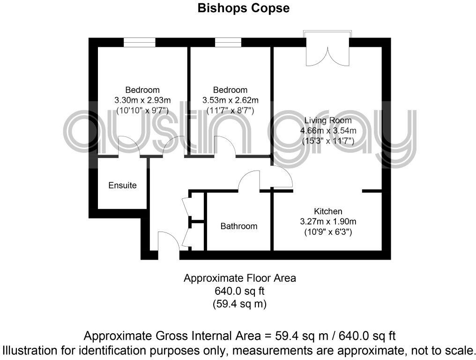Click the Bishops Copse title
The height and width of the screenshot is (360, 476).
(x=243, y=8)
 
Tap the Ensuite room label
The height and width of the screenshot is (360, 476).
(x=122, y=185)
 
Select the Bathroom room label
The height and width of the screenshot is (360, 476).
(x=239, y=226)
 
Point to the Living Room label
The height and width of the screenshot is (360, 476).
(x=327, y=120)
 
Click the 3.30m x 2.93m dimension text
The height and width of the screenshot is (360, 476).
(x=142, y=100)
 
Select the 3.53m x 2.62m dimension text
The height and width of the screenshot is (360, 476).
(x=230, y=100)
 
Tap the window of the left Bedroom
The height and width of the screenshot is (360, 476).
(x=140, y=42)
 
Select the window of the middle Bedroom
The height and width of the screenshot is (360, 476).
(x=228, y=42)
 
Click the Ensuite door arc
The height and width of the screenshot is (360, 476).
(x=129, y=146)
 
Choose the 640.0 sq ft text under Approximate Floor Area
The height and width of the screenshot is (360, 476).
(x=239, y=291)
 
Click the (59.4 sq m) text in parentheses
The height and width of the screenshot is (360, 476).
(x=239, y=304)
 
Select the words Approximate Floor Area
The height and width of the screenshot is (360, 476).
(x=239, y=278)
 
